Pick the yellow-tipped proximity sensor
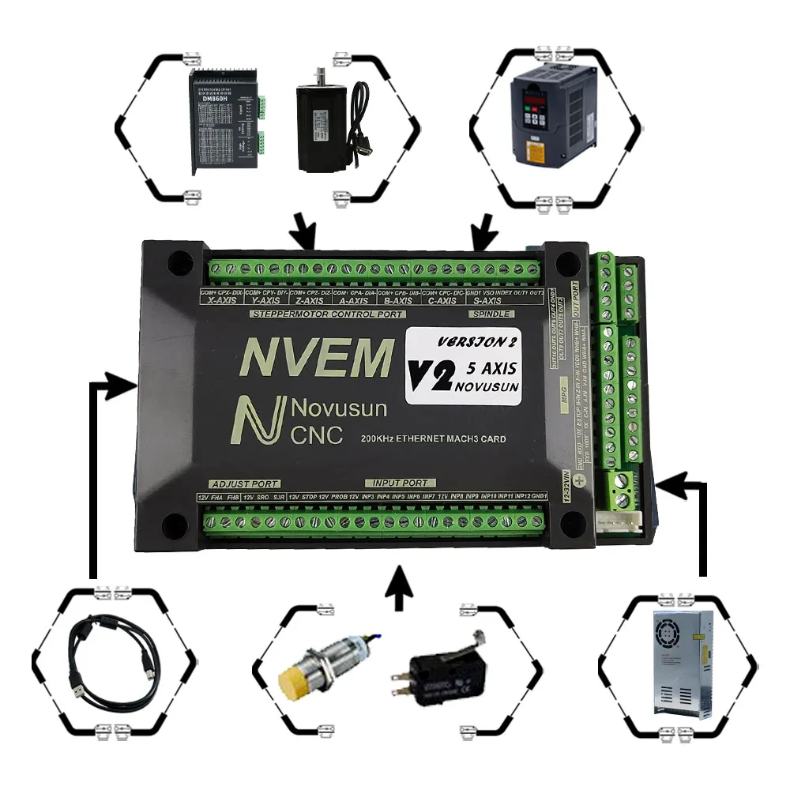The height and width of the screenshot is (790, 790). (316, 668)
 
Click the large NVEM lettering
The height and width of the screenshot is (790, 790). (315, 356)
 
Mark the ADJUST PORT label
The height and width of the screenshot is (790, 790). (235, 483)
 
